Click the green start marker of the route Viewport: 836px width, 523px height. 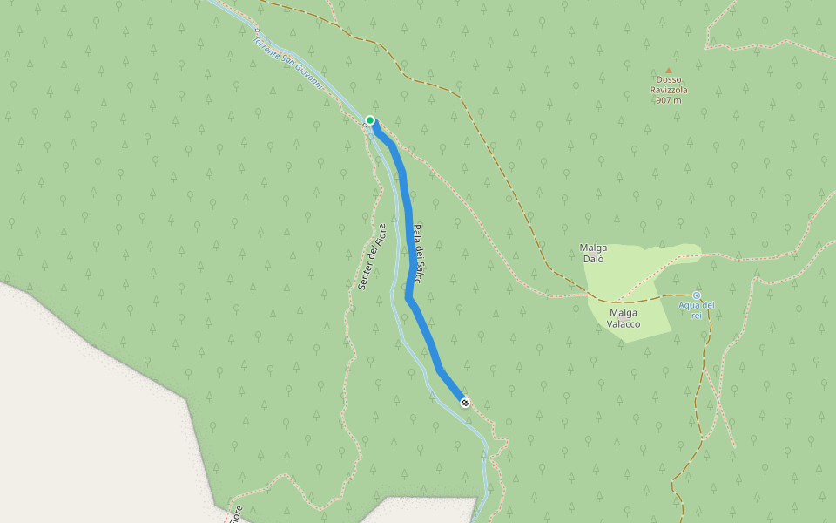[x=370, y=120]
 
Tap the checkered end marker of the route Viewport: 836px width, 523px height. [x=465, y=403]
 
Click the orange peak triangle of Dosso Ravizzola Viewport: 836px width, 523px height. [x=669, y=71]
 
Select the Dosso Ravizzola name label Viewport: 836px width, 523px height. [x=669, y=89]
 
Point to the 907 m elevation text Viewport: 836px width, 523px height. [x=669, y=100]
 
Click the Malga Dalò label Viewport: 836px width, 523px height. [x=593, y=253]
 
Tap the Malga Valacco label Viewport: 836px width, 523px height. [x=624, y=318]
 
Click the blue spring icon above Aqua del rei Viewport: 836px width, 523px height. [x=696, y=295]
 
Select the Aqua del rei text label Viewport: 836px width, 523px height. [x=697, y=309]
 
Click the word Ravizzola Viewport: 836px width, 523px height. [x=669, y=89]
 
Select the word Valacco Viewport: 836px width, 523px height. [x=624, y=324]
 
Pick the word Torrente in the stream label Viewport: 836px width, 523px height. [x=266, y=45]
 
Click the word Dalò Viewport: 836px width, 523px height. [x=593, y=259]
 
